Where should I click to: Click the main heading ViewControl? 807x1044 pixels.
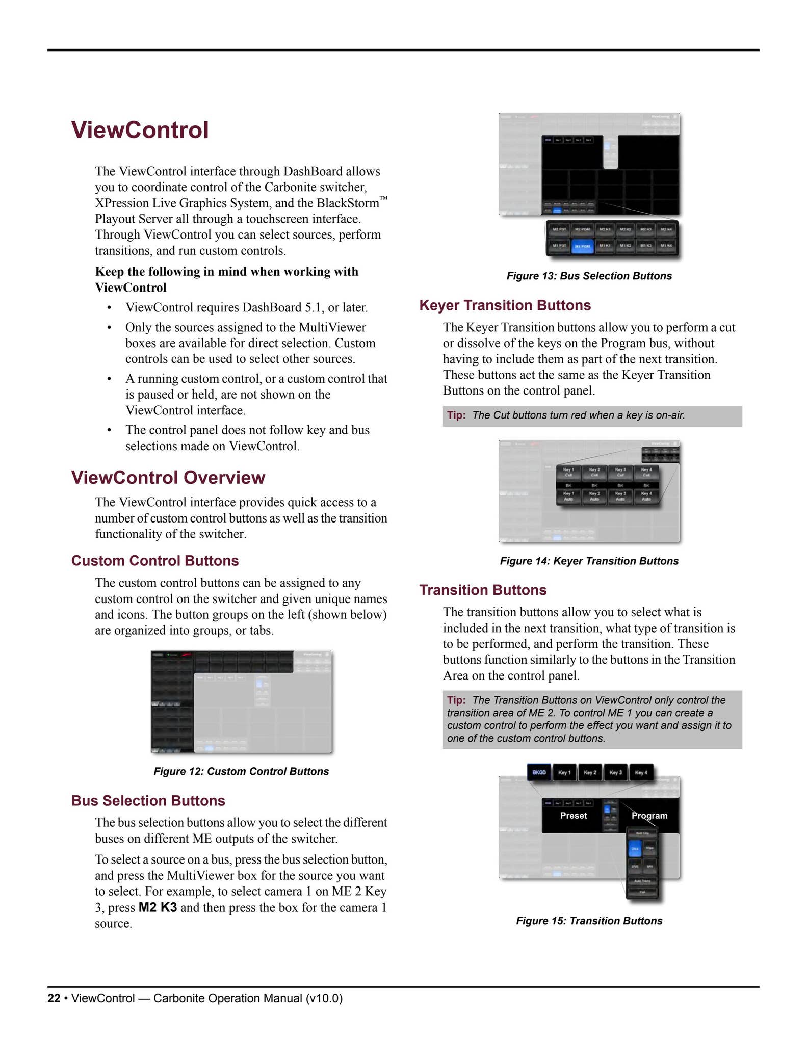[x=140, y=130]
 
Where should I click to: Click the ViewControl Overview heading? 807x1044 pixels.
[x=168, y=478]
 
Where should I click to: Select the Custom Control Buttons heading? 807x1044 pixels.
[x=155, y=561]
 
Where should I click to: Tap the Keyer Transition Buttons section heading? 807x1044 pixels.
[x=505, y=305]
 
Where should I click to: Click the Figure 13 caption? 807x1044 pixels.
[x=589, y=276]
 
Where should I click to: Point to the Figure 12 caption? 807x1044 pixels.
[x=241, y=771]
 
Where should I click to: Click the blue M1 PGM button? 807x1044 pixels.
[x=582, y=246]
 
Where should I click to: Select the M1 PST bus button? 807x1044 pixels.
[x=559, y=246]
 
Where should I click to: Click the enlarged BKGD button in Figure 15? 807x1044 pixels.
[x=539, y=772]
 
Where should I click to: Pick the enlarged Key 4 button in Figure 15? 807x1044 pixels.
[x=641, y=772]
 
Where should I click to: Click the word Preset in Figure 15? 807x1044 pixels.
[x=573, y=816]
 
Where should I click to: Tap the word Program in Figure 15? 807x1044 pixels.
[x=649, y=816]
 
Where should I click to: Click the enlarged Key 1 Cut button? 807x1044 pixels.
[x=568, y=472]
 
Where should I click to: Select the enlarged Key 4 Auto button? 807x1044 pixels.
[x=646, y=496]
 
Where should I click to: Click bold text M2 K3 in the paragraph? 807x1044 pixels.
[x=158, y=908]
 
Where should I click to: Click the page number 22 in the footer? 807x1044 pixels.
[x=54, y=998]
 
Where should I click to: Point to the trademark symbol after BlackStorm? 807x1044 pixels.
[x=383, y=198]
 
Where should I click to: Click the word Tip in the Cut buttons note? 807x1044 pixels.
[x=456, y=415]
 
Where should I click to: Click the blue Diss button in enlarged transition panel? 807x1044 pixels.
[x=634, y=849]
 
